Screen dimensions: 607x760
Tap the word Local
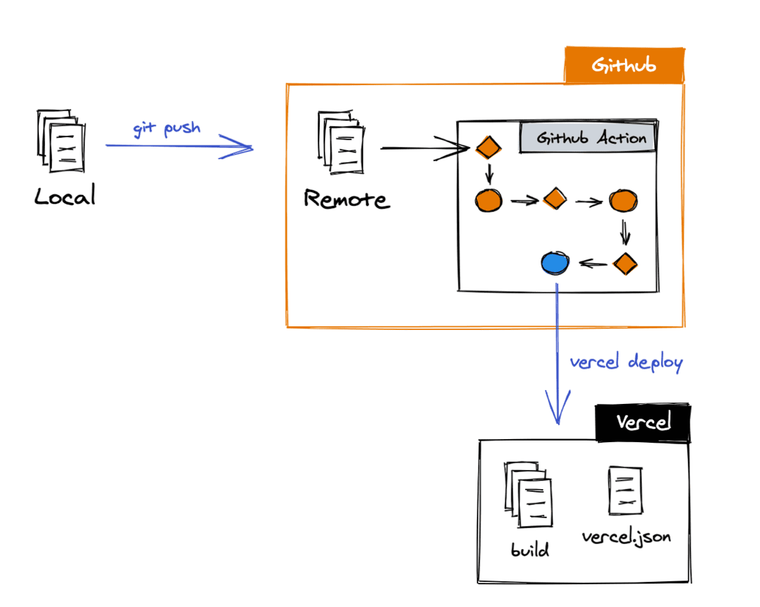(x=65, y=196)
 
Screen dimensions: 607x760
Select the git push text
(x=167, y=128)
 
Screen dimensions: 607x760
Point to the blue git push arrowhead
(x=246, y=148)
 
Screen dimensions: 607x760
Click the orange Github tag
(x=624, y=66)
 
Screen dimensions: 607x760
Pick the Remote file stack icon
(x=341, y=143)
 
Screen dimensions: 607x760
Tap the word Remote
(x=346, y=199)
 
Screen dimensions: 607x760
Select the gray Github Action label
(x=591, y=138)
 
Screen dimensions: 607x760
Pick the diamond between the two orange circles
(x=555, y=199)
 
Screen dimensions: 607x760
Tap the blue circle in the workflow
(x=555, y=262)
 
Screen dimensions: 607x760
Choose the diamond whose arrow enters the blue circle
(x=624, y=263)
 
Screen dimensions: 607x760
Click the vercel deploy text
(x=626, y=362)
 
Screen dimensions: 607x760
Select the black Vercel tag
(x=643, y=423)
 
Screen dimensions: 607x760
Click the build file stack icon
(x=527, y=495)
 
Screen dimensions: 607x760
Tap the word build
(x=530, y=550)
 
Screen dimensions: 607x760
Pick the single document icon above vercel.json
(x=624, y=490)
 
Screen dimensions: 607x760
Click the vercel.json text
(x=626, y=537)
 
